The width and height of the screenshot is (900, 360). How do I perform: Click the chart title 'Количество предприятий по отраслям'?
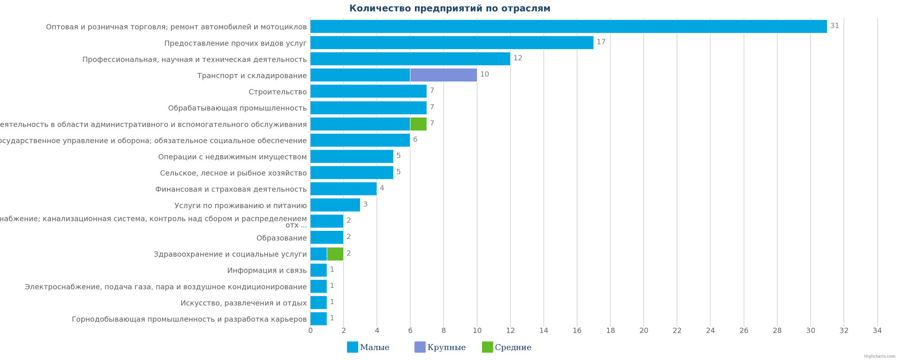coord(450,9)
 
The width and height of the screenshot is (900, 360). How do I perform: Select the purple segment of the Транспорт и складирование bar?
coord(443,75)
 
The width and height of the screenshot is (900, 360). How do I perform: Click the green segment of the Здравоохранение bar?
coord(335,254)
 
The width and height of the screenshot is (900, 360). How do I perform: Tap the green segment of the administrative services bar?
coord(418,124)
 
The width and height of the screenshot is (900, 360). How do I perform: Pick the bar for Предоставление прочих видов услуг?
coord(451,42)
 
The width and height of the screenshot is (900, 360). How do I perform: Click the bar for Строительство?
coord(368,91)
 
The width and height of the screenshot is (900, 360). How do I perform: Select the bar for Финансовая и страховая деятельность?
coord(343,189)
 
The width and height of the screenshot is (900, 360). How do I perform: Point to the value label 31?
coord(834,26)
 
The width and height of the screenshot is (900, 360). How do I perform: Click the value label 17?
coord(601,42)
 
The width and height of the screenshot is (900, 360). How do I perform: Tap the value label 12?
coord(517,58)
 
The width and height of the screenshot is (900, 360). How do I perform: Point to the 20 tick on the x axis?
coord(643,331)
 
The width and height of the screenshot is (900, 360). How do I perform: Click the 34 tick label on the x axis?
coord(877,331)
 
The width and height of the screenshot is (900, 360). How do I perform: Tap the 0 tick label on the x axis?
coord(310,331)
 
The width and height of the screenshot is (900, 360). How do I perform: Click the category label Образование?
coord(281,238)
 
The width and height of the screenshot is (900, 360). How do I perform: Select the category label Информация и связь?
coord(267,270)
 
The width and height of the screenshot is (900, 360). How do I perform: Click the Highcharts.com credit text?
coord(879,356)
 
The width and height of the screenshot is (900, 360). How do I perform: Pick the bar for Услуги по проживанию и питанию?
coord(335,205)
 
